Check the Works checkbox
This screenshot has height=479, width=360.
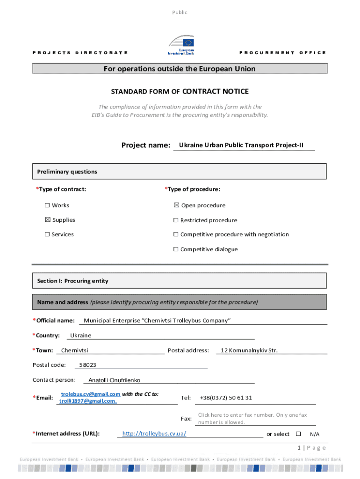coord(47,205)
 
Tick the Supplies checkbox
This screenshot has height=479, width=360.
coord(47,220)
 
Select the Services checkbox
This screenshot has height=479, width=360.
coord(47,235)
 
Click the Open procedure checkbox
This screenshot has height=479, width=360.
coord(176,205)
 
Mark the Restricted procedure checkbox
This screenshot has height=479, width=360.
coord(176,220)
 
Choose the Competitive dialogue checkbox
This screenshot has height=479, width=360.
coord(176,249)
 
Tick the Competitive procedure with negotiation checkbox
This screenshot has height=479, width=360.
coord(176,235)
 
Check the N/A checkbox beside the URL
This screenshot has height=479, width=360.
coord(298,434)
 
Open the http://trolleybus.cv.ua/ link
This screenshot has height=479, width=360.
coord(154,434)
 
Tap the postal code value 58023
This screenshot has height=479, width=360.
coord(87,365)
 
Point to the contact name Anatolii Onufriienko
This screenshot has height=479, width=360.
coord(114,380)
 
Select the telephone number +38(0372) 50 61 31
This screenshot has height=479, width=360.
coord(226,398)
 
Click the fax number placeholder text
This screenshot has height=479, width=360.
coord(252,418)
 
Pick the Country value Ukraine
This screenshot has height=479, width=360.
coord(80,335)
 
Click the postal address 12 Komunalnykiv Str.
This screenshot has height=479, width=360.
coord(249,350)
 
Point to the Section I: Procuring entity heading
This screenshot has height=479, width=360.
coord(72,281)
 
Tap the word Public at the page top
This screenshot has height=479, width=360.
coord(180,13)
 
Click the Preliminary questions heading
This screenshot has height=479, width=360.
coord(67,172)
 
